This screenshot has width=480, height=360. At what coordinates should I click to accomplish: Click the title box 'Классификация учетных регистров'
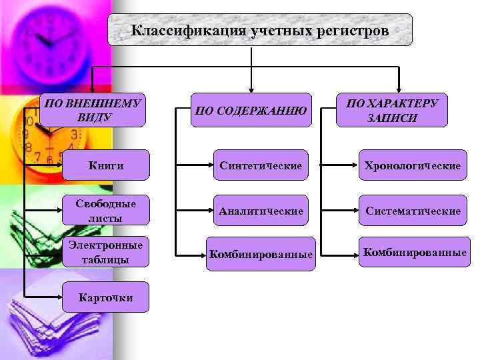[x=260, y=30]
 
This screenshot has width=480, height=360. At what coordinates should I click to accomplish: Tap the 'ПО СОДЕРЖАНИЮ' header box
[x=251, y=110]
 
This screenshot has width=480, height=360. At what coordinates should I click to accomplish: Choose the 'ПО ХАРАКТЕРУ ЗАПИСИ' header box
[x=391, y=110]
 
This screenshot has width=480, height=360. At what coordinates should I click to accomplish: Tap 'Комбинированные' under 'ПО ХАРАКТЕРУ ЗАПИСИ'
[x=413, y=252]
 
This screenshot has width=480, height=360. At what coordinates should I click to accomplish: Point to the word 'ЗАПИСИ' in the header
[x=391, y=118]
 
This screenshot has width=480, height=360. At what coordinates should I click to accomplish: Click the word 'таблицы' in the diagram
[x=105, y=259]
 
